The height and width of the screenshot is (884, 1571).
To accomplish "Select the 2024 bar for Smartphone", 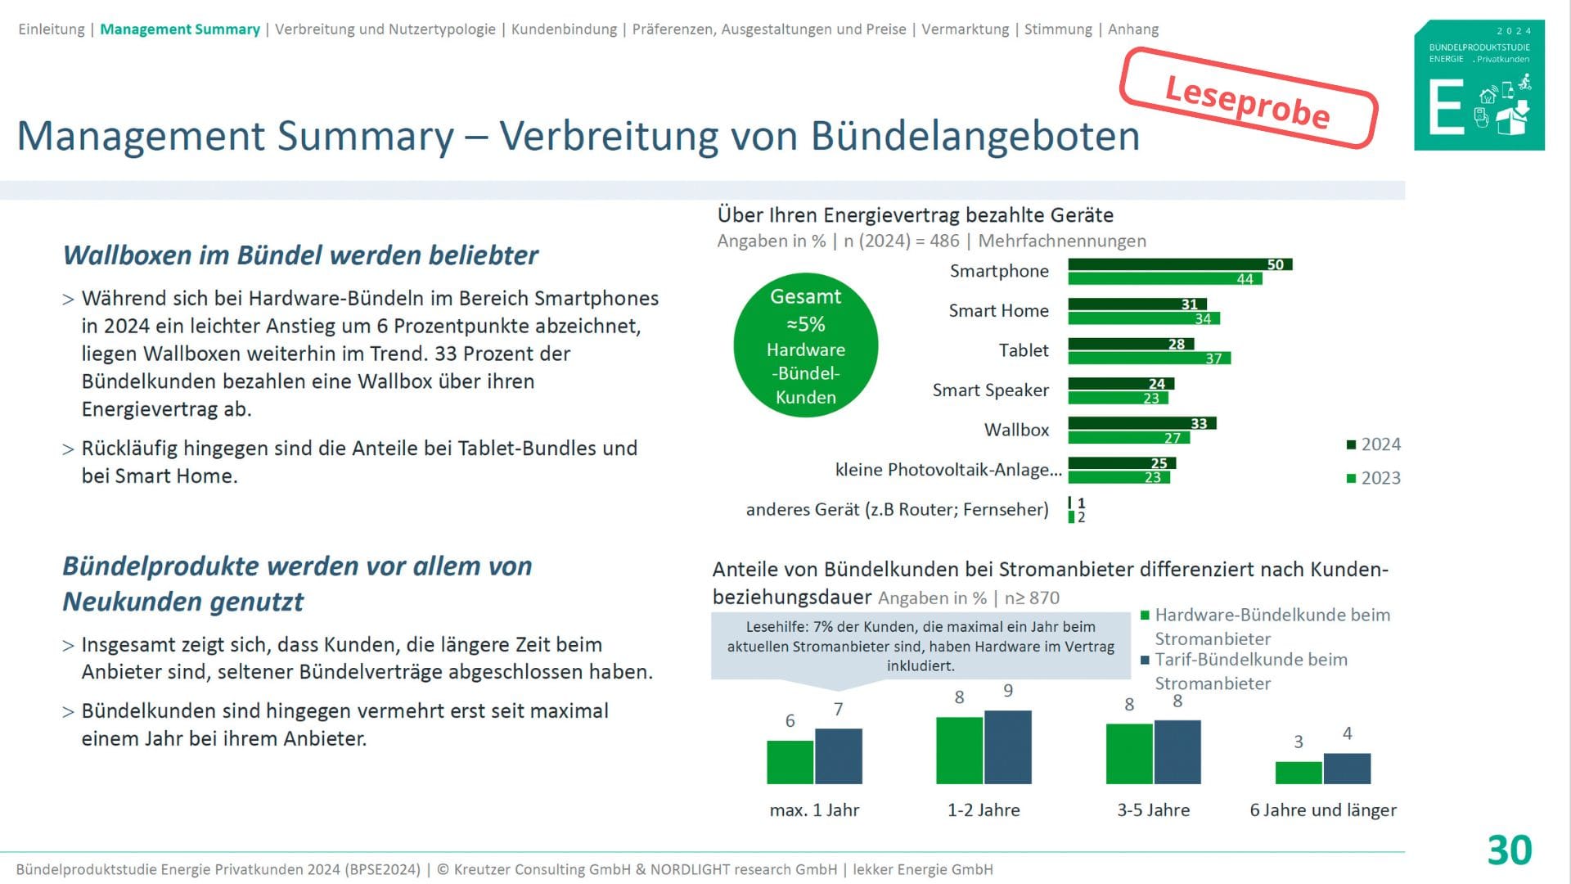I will (1178, 264).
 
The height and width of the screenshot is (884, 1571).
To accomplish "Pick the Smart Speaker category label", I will (990, 390).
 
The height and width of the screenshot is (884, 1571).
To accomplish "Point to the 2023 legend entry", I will (1374, 478).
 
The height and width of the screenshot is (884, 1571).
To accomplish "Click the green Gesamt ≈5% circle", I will (806, 345).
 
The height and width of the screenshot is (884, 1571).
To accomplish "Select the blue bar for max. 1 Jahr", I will (839, 756).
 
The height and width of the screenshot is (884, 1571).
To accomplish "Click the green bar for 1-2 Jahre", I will (959, 751).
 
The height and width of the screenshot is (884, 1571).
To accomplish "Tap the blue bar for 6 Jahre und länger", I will (1347, 769).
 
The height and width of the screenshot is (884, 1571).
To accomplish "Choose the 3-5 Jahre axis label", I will (1153, 810).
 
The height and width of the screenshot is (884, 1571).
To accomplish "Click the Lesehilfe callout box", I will (921, 647).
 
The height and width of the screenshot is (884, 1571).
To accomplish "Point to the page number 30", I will (1509, 850).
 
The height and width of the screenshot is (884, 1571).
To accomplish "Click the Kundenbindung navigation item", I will (564, 29).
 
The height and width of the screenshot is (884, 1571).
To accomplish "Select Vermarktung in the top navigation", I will (965, 29).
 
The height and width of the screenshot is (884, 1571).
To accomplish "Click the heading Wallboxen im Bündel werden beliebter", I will (300, 255).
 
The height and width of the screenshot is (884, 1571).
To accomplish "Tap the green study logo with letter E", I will (1479, 85).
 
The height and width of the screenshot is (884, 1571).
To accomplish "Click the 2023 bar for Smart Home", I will (1143, 318).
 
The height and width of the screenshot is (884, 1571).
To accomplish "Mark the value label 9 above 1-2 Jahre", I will (1008, 691).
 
